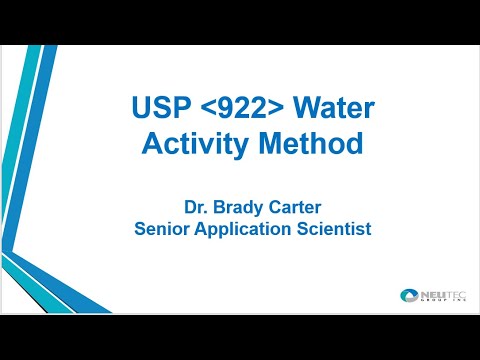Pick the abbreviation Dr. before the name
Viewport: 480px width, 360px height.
[196, 208]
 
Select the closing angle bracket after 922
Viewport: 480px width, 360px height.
[282, 109]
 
